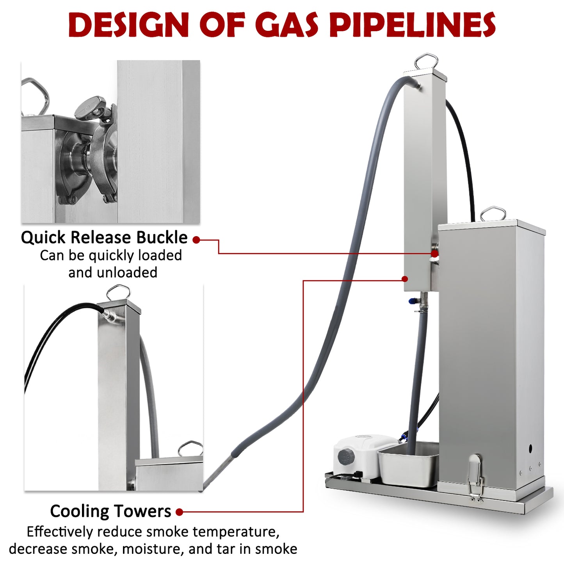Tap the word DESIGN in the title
[x=128, y=25]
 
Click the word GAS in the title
[x=288, y=25]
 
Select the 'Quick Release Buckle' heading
[x=104, y=237]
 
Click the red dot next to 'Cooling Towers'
[x=180, y=512]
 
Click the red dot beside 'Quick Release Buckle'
[x=196, y=240]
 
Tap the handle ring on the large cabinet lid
[x=493, y=214]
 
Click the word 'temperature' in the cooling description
[x=236, y=532]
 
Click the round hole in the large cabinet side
[x=530, y=448]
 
